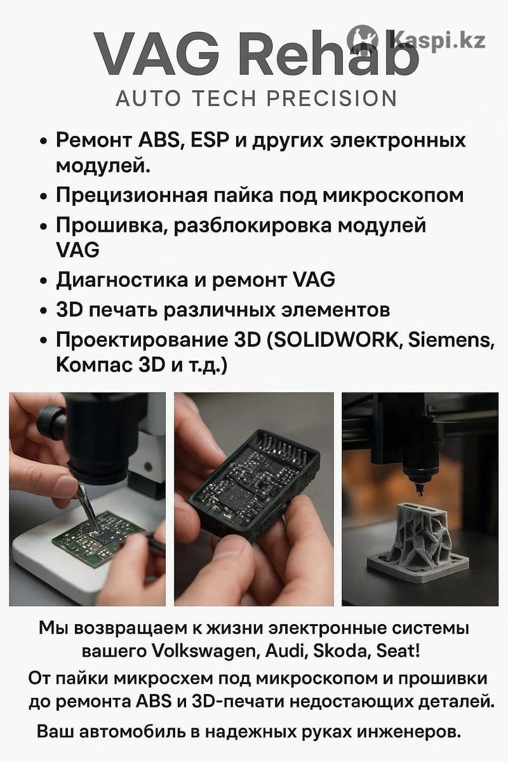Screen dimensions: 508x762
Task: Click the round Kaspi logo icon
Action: coord(363,41)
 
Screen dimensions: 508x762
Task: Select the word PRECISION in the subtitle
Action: coord(331,98)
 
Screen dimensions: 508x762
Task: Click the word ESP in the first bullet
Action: coord(209,140)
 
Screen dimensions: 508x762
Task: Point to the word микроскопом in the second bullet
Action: coord(393,196)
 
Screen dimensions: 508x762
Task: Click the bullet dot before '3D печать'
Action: coord(43,311)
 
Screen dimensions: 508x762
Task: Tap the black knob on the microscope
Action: coord(51,421)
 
